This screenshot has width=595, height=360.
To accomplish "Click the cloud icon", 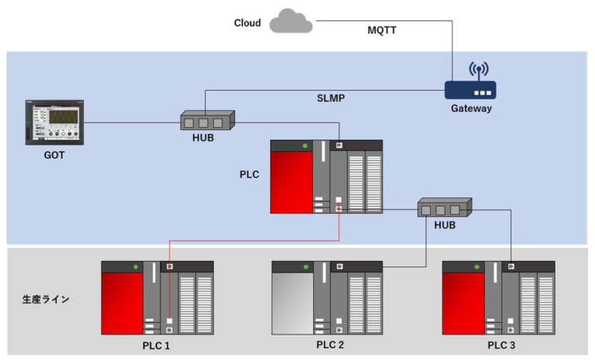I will click(x=291, y=21).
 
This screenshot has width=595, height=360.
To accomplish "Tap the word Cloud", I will click(x=248, y=23).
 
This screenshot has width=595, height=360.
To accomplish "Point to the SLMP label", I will click(x=331, y=99).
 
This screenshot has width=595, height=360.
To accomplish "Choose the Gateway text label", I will click(x=471, y=108).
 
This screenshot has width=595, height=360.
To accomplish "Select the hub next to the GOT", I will click(x=207, y=121).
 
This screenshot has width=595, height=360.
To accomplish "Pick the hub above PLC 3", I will click(x=444, y=209).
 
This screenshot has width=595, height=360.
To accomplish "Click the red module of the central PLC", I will click(x=291, y=181).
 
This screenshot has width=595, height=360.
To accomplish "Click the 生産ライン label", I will click(x=46, y=299).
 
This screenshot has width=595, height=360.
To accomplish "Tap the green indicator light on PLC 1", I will click(x=136, y=267).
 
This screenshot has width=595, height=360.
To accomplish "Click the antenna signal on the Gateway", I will click(x=479, y=68).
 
